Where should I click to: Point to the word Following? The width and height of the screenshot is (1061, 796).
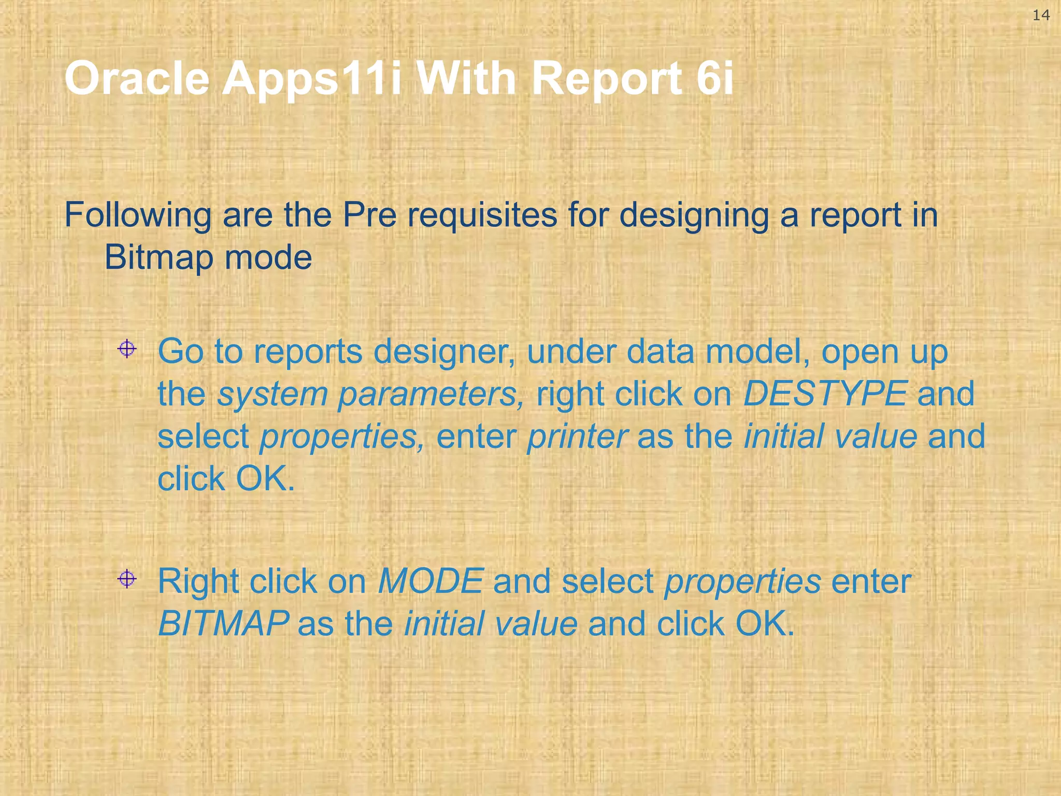pos(138,216)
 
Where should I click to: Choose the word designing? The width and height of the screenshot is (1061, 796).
pos(694,216)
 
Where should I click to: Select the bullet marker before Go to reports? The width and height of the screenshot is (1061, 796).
pos(127,349)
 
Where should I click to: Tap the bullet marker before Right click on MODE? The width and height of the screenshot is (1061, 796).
pos(127,578)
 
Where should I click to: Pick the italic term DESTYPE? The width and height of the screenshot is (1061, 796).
pos(825,394)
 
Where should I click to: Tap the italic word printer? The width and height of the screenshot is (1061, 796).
pos(577,437)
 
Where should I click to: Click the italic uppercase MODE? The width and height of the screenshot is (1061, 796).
pos(431,581)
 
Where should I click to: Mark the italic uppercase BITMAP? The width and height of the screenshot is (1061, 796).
pos(223,624)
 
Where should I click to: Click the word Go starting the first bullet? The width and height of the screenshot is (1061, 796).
pos(180,352)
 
